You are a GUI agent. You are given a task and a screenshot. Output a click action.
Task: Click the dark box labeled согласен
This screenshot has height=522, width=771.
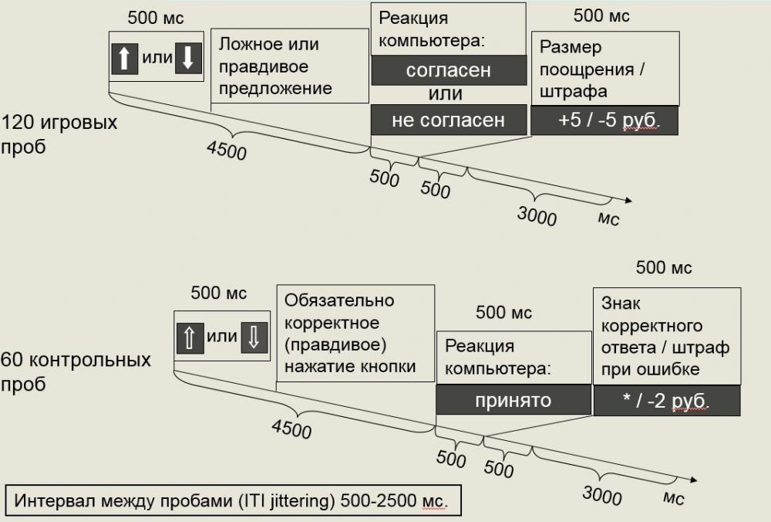[x=448, y=70]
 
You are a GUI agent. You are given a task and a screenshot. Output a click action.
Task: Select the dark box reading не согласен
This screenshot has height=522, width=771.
[x=448, y=120]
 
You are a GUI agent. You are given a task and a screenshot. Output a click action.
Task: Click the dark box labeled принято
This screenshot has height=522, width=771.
[x=513, y=400]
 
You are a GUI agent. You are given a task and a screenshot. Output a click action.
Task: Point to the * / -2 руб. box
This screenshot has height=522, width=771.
[x=667, y=401]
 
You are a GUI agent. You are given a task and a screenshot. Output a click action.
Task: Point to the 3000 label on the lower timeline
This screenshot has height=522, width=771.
[x=603, y=493]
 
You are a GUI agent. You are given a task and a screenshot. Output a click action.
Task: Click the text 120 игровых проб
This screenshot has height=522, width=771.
[x=59, y=134]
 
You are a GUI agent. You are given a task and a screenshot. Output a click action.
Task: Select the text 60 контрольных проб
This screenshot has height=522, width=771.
[x=76, y=371]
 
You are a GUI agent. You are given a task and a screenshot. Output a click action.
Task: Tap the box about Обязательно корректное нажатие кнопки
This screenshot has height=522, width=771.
[x=355, y=333]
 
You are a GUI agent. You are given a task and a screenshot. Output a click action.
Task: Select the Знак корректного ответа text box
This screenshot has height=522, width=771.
[x=665, y=336]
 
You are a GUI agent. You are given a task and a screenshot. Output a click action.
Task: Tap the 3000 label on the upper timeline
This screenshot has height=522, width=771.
[x=537, y=216]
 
